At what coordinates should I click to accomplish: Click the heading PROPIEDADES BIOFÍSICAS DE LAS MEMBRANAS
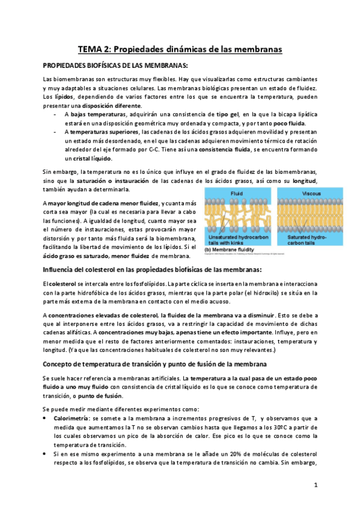click(115, 65)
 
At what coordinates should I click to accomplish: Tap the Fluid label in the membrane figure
click(236, 193)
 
